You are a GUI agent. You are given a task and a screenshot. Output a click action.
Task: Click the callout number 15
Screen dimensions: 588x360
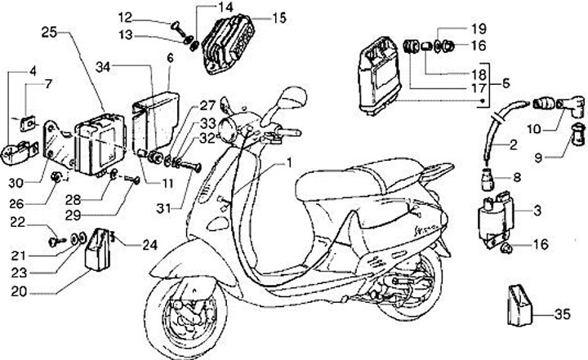279,18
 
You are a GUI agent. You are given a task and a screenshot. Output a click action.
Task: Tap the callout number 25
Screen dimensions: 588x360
49,32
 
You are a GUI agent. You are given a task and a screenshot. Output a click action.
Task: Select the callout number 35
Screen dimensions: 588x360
562,313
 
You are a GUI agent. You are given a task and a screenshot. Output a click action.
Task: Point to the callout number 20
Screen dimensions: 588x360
19,291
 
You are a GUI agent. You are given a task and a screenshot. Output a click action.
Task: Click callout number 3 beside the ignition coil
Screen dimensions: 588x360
537,211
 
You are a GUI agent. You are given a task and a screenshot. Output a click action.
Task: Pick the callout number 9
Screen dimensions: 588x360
538,158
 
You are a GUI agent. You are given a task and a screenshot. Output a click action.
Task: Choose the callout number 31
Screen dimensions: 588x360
163,208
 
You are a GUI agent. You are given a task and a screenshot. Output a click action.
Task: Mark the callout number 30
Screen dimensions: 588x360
16,183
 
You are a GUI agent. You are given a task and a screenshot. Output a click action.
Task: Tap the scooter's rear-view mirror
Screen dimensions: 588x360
294,98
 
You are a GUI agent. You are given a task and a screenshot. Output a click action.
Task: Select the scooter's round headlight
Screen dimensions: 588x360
229,129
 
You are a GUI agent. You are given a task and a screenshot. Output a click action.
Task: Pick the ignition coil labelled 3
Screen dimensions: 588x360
495,221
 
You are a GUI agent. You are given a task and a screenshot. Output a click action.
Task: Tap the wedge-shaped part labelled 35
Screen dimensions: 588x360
519,305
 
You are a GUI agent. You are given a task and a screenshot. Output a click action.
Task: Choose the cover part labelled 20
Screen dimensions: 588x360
97,249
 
